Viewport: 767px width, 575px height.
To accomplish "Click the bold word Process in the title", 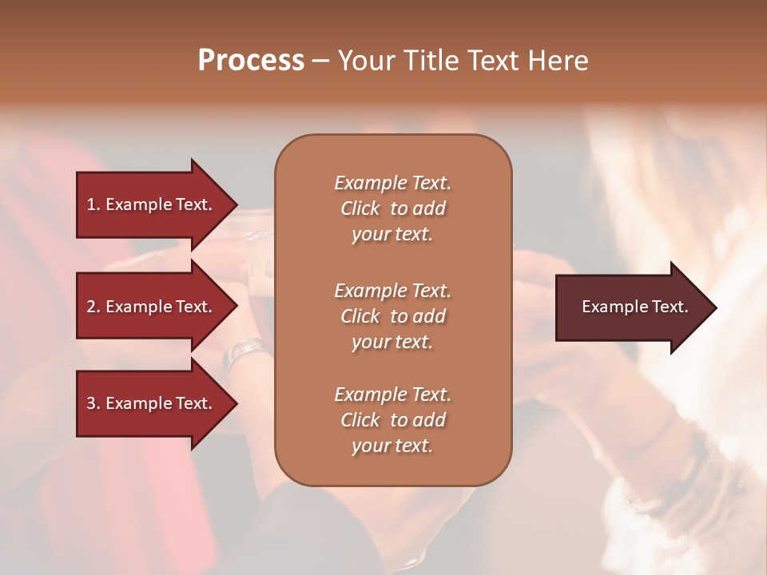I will click(251, 61).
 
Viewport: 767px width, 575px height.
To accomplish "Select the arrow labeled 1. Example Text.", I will click(152, 204).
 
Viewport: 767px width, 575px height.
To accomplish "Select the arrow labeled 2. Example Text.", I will click(152, 307).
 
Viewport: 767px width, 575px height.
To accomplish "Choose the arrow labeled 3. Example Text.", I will click(152, 403).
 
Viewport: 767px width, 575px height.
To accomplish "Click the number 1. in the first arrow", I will click(93, 204).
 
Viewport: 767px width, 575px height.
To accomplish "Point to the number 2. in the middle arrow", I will click(93, 307).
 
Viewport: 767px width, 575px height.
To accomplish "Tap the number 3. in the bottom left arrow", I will click(93, 403).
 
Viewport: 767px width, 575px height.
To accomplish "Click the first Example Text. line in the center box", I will click(392, 183).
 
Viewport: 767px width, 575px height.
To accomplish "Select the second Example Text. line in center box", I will click(392, 291).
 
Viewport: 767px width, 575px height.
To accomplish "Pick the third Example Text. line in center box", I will click(392, 395).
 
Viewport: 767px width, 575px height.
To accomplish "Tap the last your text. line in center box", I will click(392, 446).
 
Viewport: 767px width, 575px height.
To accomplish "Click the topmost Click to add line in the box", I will click(392, 208).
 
